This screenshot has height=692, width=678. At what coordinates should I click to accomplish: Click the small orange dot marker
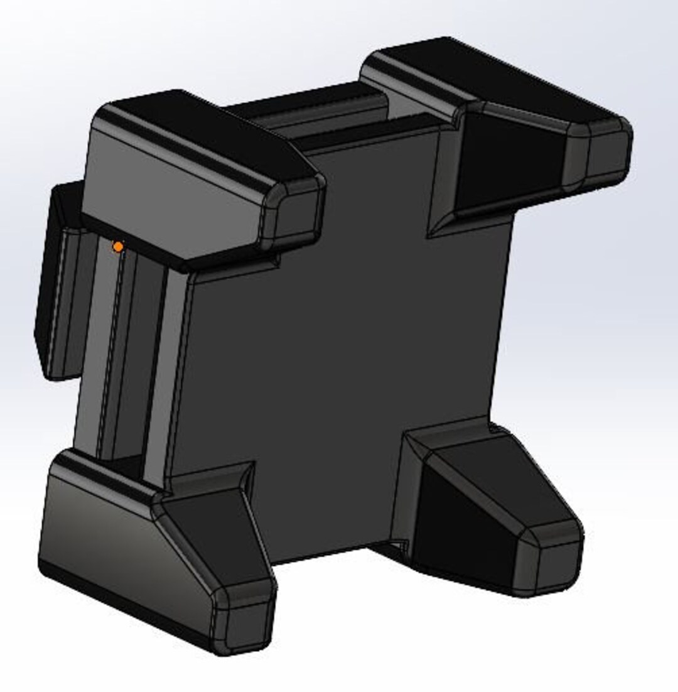tap(117, 247)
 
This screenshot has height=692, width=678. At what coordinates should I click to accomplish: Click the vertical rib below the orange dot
tap(119, 352)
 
